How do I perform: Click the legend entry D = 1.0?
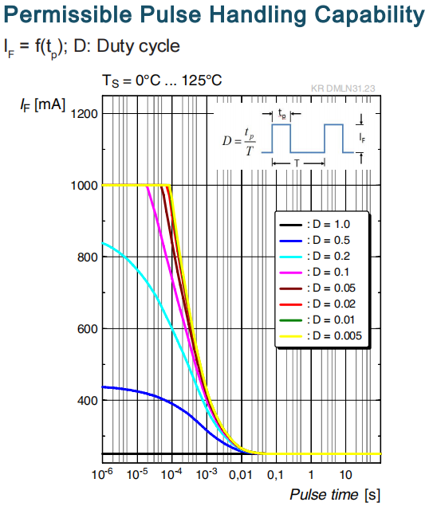click(x=315, y=224)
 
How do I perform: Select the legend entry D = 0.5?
click(x=315, y=240)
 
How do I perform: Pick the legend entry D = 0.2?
click(x=315, y=256)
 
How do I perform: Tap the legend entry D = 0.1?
click(x=314, y=272)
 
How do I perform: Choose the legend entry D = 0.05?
click(x=317, y=288)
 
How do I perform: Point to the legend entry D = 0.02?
click(x=317, y=304)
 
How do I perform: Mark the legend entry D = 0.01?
click(x=317, y=320)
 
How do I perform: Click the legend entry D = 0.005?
click(x=321, y=335)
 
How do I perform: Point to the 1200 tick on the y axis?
click(x=84, y=114)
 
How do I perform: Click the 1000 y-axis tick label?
click(x=84, y=186)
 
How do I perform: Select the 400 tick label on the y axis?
click(x=87, y=400)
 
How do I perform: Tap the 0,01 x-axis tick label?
click(x=241, y=475)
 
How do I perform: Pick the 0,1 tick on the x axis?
click(x=275, y=475)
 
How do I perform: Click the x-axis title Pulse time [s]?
click(x=335, y=495)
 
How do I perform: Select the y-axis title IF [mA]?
click(x=42, y=104)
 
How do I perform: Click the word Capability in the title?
click(x=369, y=15)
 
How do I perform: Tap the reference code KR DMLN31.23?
click(x=343, y=88)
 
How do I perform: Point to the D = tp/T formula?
click(x=238, y=142)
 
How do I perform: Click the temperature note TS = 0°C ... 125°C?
click(x=162, y=80)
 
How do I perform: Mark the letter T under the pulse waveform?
click(x=297, y=163)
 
